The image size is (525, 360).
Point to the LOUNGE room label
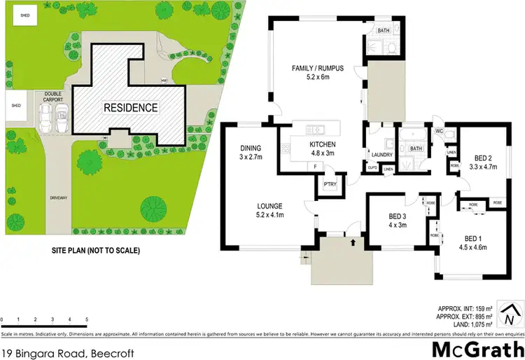point(269,206)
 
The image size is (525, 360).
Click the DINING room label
point(250,148)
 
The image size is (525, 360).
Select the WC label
point(440,130)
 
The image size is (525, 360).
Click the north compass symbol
point(513,312)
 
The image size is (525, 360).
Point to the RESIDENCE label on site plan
point(131,108)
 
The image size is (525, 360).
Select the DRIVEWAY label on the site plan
point(59,198)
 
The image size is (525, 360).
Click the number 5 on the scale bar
point(86,319)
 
